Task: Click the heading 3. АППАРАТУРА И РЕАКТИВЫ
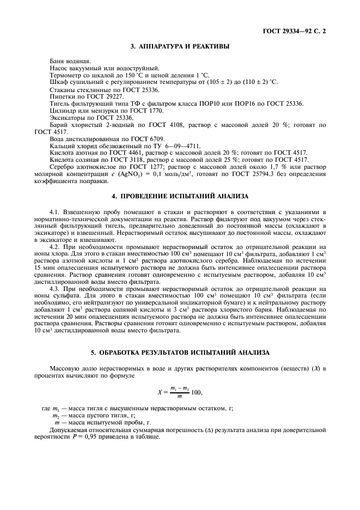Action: (x=180, y=46)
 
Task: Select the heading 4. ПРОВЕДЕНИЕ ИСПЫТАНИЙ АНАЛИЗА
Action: (x=180, y=195)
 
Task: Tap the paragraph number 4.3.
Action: (x=54, y=289)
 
